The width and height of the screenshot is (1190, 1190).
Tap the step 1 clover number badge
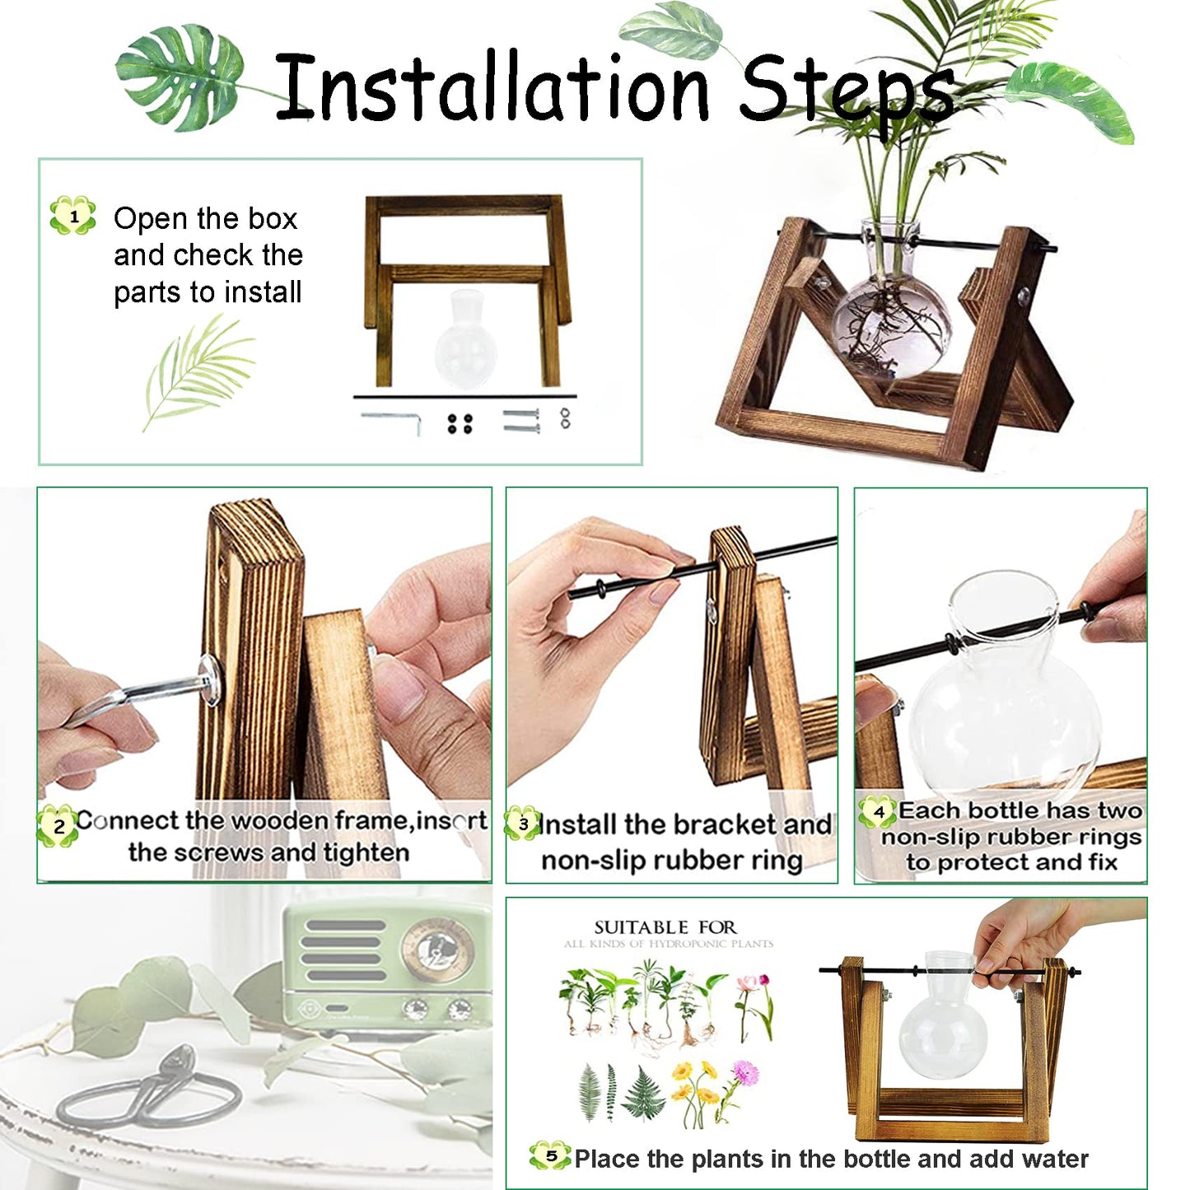(x=73, y=217)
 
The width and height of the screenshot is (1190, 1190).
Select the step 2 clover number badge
(x=58, y=826)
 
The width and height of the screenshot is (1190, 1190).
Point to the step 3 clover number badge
(x=523, y=824)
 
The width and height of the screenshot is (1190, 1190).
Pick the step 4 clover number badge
(x=877, y=812)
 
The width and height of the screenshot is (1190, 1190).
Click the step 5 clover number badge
(x=550, y=1156)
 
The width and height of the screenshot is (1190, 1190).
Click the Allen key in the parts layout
(x=393, y=418)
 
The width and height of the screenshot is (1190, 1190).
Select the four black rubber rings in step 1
(x=460, y=423)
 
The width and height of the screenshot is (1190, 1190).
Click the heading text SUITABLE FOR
(x=665, y=927)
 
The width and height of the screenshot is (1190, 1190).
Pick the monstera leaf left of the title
(x=181, y=76)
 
